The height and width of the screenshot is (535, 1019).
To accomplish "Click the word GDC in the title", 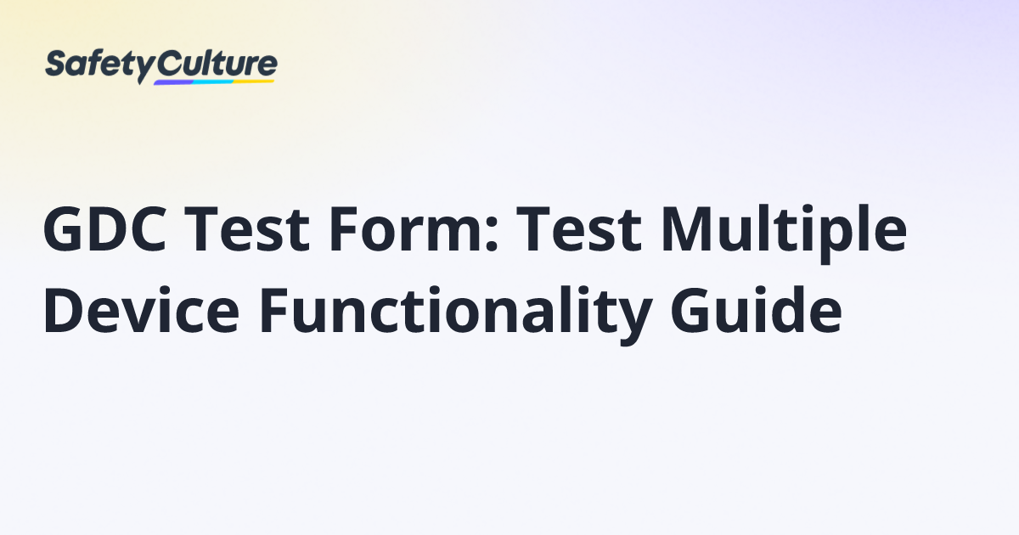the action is (104, 228).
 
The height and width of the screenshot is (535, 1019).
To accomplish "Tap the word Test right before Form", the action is (247, 228).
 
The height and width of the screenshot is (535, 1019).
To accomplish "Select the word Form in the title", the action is (405, 228).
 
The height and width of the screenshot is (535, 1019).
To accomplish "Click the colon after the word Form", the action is (492, 234).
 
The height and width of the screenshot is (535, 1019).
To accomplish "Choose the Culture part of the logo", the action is (217, 64).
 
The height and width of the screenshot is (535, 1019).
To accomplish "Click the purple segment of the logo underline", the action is (173, 83).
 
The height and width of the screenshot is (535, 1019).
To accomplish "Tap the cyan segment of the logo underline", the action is (213, 82).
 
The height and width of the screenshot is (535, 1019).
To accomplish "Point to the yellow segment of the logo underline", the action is (254, 82).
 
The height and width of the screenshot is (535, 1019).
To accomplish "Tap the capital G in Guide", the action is (691, 310).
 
